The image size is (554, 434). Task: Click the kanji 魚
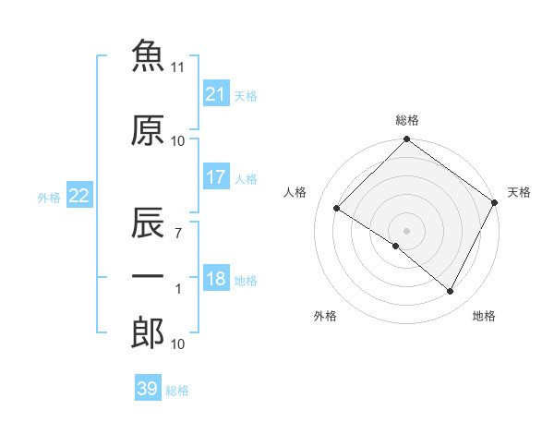point(148,55)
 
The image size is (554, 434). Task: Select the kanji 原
point(148,130)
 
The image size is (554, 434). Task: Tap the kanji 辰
point(148,223)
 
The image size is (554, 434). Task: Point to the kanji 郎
point(148,332)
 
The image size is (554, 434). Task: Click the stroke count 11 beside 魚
point(177,67)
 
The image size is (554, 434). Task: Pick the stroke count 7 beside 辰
point(178,234)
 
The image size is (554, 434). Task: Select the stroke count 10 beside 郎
point(177,344)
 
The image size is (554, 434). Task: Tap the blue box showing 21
point(216,93)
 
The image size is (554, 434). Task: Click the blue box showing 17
point(216,176)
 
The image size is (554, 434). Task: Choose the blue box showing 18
point(216,277)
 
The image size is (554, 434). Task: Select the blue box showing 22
point(79,195)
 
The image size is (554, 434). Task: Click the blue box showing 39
point(148,387)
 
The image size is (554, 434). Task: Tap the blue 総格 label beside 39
point(177,391)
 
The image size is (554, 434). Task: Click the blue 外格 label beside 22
point(49,198)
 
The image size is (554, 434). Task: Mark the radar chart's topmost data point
point(406,139)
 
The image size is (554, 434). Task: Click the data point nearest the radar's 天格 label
point(494,202)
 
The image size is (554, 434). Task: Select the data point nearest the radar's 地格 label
point(450,291)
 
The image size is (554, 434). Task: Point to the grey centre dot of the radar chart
point(406,231)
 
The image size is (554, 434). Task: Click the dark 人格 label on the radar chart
point(295,192)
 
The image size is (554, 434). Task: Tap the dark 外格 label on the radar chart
point(325,316)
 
